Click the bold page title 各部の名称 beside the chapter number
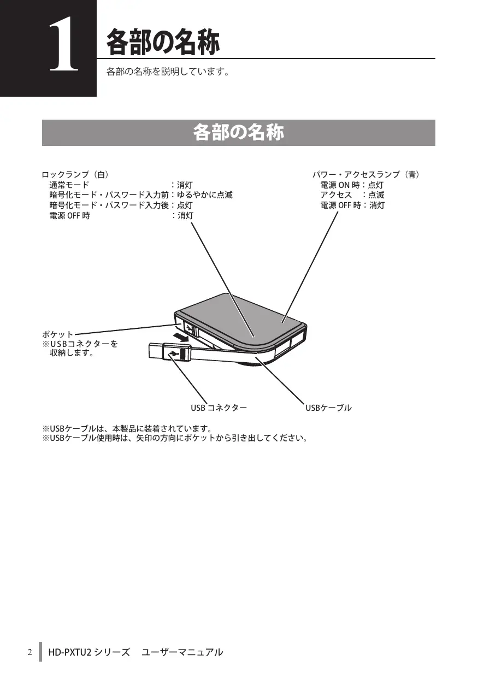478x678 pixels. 163,43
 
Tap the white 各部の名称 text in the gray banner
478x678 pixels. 238,133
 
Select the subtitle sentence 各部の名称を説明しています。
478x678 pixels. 167,72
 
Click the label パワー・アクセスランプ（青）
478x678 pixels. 366,175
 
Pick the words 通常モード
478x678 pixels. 69,185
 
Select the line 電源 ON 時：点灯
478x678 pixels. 352,185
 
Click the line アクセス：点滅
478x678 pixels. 352,195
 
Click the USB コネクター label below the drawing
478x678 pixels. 219,408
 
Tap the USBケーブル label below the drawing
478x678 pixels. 328,408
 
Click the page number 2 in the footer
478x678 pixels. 30,652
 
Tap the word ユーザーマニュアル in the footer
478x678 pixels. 182,652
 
